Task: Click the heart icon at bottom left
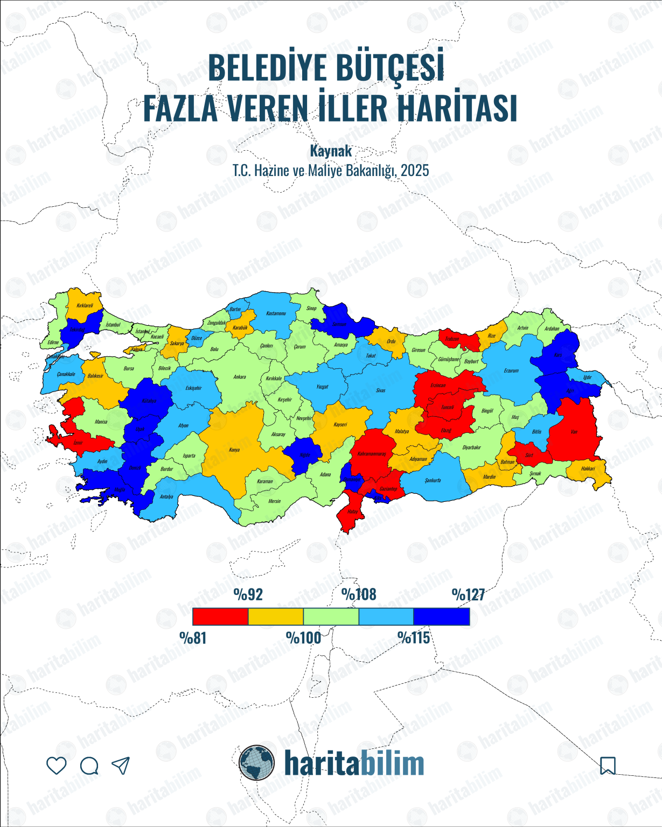(57, 765)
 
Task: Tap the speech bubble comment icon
(89, 766)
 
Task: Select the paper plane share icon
(121, 765)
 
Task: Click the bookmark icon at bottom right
(608, 765)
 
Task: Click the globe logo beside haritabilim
(257, 763)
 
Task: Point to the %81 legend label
(193, 638)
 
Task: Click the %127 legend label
(468, 595)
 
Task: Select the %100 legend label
(303, 638)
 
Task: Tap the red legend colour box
(220, 616)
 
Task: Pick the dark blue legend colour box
(441, 616)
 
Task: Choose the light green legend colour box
(331, 616)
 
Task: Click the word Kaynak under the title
(331, 151)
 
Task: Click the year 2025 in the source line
(415, 171)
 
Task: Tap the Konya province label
(234, 450)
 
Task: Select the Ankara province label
(240, 377)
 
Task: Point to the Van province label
(574, 432)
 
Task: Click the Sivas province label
(381, 390)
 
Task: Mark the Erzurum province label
(511, 370)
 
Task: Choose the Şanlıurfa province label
(433, 480)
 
